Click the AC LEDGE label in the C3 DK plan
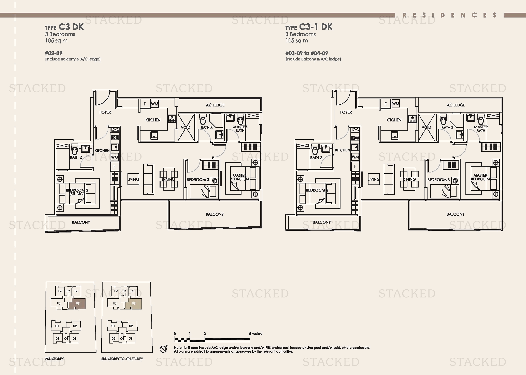click(215, 105)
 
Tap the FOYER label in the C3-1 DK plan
click(346, 112)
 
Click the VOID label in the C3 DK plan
click(186, 127)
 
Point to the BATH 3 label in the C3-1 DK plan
click(447, 128)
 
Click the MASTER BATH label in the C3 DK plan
click(240, 129)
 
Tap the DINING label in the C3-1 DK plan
click(409, 179)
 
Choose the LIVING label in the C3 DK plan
click(133, 179)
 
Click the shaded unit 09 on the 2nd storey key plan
click(77, 304)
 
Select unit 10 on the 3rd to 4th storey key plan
click(115, 303)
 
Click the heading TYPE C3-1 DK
click(309, 27)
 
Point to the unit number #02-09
click(54, 53)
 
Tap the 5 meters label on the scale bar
click(255, 334)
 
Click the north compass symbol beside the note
click(164, 349)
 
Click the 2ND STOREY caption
click(54, 359)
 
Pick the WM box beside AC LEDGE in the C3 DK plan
click(154, 104)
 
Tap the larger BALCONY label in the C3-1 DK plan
click(455, 214)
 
